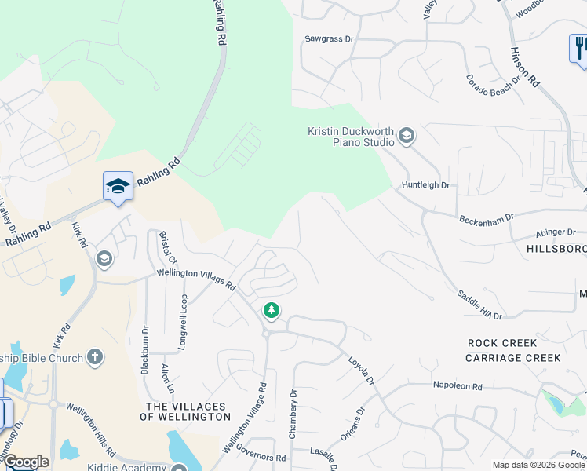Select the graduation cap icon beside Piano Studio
tap(406, 137)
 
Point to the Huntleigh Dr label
tap(425, 185)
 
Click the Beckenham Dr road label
tap(486, 217)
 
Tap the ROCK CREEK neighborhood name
tap(502, 343)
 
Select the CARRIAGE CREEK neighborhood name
tap(512, 357)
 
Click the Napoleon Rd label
tap(458, 385)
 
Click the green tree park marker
tap(272, 311)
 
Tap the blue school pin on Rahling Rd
tap(118, 186)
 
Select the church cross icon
tap(94, 358)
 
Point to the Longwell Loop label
tap(184, 321)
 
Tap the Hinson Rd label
tap(525, 65)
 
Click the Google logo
tap(26, 462)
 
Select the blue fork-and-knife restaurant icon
tap(579, 48)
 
